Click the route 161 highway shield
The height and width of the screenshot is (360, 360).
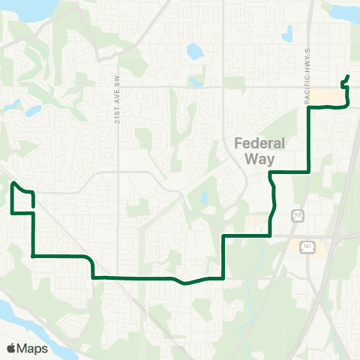[309, 245]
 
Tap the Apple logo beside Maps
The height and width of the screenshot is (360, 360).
[11, 349]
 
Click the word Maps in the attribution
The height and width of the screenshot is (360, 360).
[32, 349]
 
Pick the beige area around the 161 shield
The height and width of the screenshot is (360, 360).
[319, 247]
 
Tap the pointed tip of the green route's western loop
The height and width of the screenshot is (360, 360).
[13, 182]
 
